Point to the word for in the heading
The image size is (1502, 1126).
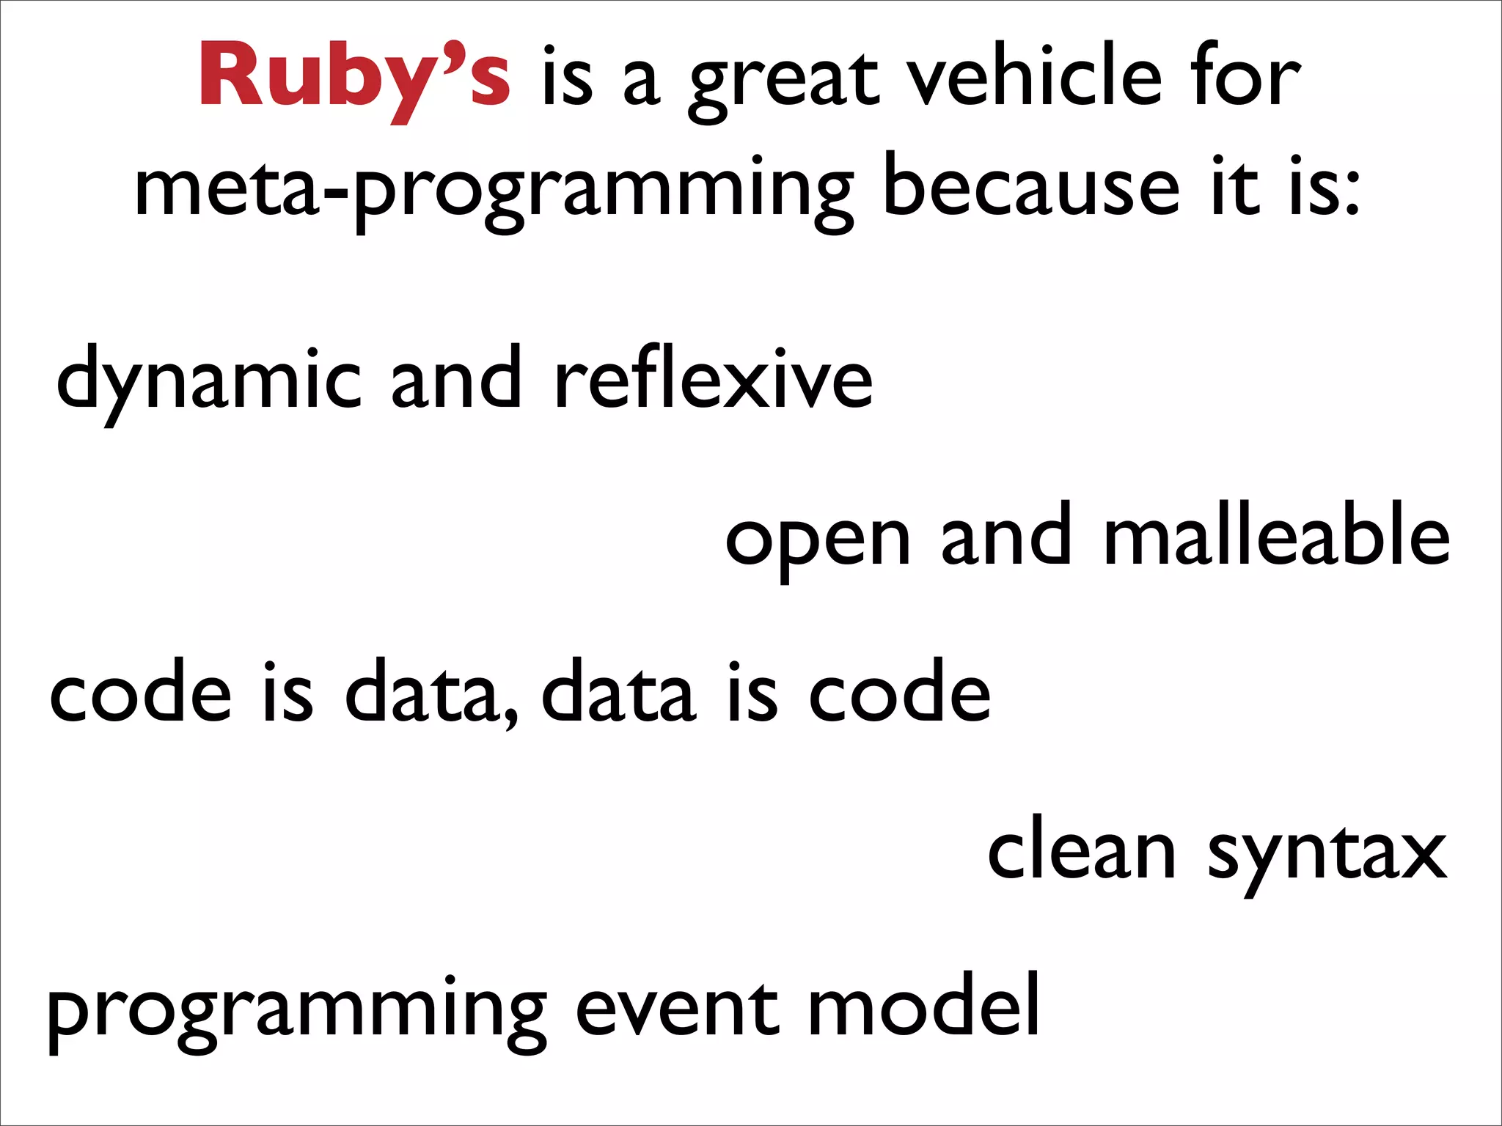pyautogui.click(x=1246, y=77)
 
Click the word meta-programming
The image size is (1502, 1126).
pyautogui.click(x=493, y=191)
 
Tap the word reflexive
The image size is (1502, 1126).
pyautogui.click(x=713, y=378)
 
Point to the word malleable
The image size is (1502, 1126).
pyautogui.click(x=1276, y=535)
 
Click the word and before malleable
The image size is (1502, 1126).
pyautogui.click(x=1006, y=535)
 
